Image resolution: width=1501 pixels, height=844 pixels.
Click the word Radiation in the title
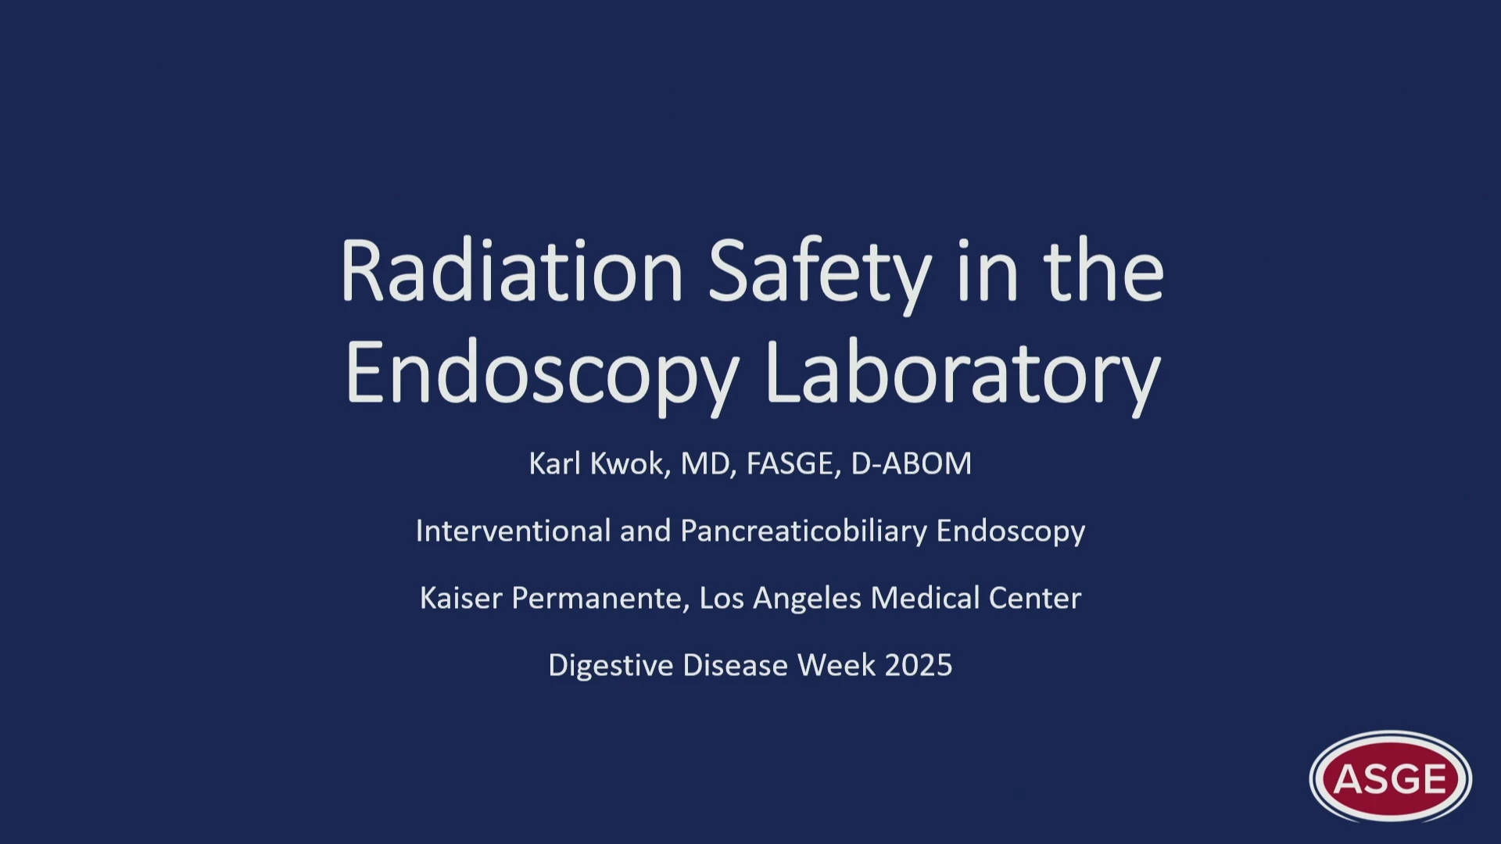(x=512, y=271)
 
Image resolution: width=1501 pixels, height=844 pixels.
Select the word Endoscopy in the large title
(x=542, y=376)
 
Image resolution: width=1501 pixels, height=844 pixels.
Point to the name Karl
(x=554, y=463)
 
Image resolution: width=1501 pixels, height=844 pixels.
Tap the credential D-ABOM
(x=911, y=463)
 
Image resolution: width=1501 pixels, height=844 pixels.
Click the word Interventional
(x=513, y=531)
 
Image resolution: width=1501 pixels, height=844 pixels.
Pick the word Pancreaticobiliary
(x=804, y=532)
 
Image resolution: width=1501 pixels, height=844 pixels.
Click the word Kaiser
(x=460, y=598)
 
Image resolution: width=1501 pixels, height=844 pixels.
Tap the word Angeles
(x=807, y=599)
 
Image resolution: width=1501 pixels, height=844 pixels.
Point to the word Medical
(x=925, y=598)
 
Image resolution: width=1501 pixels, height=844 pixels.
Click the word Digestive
(x=611, y=667)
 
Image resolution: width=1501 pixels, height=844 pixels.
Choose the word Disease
(x=735, y=665)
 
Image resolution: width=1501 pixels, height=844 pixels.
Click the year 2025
(x=919, y=665)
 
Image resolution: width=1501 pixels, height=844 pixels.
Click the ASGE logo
(x=1391, y=778)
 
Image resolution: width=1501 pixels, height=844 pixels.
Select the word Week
(x=836, y=665)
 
